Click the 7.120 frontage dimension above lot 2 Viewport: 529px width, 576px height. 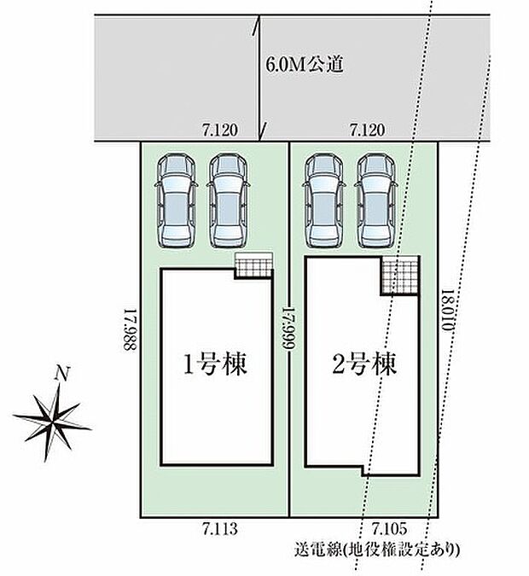(368, 130)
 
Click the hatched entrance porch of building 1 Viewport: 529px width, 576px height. (253, 265)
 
